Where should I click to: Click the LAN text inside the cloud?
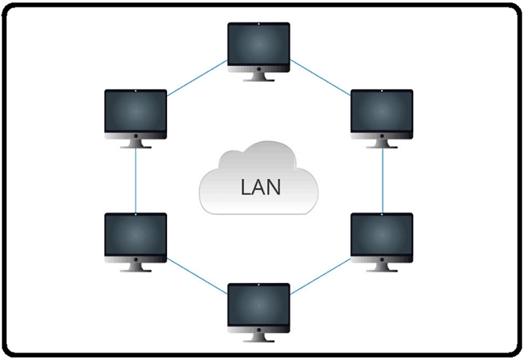tap(261, 186)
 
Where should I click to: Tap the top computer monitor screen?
tap(258, 45)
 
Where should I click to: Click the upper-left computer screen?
tap(135, 112)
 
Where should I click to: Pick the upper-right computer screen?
tap(382, 112)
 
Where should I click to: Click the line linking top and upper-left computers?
tap(197, 79)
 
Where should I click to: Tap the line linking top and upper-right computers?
tap(320, 78)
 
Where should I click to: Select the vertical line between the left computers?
tap(135, 180)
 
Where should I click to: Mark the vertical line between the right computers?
tap(383, 180)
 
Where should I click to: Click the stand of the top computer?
tap(258, 77)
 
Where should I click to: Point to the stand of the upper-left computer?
tap(135, 143)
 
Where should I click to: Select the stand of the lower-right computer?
tap(382, 266)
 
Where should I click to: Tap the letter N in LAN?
tap(276, 186)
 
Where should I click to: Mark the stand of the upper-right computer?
tap(382, 143)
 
